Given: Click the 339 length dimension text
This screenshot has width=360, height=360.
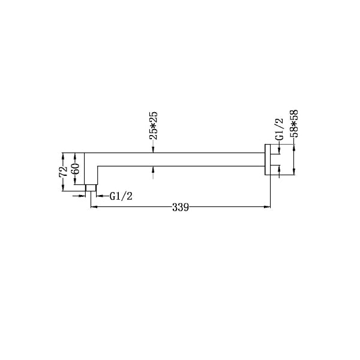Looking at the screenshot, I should point(181,208).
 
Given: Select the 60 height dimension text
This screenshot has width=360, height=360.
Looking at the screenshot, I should point(75,169).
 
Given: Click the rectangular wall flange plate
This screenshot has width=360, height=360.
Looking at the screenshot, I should point(267,161).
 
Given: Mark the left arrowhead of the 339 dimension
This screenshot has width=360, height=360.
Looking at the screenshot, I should point(93,208).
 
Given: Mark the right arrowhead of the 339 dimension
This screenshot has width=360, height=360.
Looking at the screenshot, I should point(268,208).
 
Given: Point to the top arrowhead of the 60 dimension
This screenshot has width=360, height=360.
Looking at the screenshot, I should point(75,152).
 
